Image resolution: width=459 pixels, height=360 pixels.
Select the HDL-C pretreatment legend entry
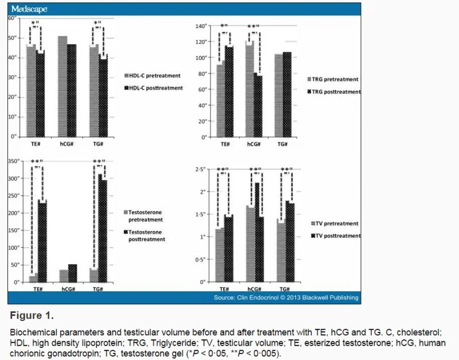(x=153, y=75)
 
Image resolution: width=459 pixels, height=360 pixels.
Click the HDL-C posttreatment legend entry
(x=153, y=88)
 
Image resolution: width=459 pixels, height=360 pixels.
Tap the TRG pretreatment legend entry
(x=334, y=80)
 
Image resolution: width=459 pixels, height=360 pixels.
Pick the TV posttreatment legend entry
(x=335, y=236)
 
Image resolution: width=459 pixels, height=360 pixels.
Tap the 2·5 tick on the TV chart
(x=200, y=170)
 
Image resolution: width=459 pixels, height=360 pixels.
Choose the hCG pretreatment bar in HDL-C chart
(x=63, y=86)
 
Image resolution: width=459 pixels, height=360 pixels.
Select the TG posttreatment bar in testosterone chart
(x=103, y=229)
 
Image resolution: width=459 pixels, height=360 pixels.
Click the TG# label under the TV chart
(x=283, y=290)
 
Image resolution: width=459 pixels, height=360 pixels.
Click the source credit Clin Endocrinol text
(x=286, y=298)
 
